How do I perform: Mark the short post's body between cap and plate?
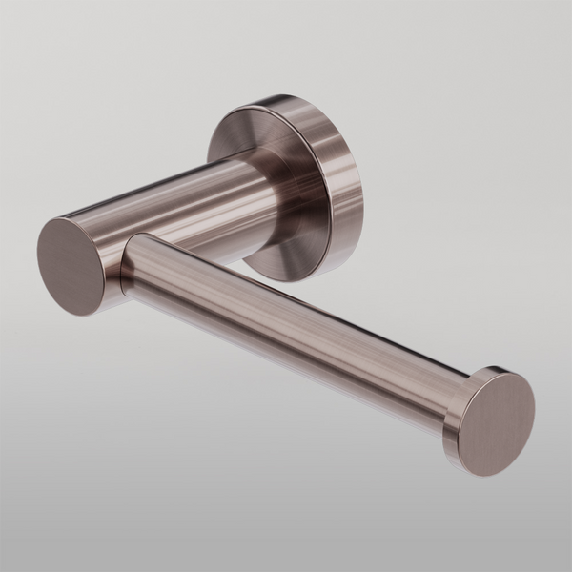click(181, 205)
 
